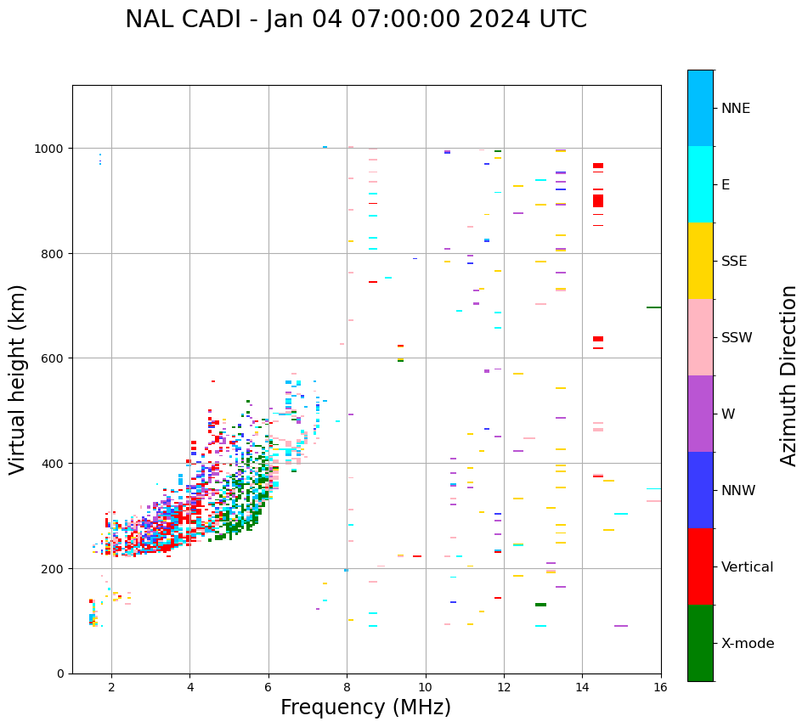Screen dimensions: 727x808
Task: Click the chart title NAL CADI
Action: click(355, 20)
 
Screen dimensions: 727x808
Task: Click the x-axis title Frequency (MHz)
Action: click(365, 707)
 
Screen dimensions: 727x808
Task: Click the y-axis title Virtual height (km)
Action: click(18, 379)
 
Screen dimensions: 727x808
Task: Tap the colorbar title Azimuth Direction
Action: click(789, 375)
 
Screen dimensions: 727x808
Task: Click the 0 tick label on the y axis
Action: click(60, 673)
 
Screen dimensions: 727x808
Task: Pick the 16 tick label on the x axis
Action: click(660, 688)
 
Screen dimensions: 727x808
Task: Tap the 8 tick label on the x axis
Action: click(347, 688)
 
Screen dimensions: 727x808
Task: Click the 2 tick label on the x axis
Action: click(111, 688)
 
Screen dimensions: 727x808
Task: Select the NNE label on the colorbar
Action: click(736, 109)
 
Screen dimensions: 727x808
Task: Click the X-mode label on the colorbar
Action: click(748, 644)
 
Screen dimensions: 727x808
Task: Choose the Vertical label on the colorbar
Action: click(748, 567)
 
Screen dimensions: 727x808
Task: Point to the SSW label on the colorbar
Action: click(737, 338)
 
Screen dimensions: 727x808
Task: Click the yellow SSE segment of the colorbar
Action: click(700, 261)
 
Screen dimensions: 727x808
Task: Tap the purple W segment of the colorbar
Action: click(700, 414)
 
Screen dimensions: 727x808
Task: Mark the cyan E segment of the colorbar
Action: click(700, 184)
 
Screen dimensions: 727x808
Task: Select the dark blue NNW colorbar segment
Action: click(700, 490)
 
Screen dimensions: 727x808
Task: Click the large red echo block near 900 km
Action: click(598, 200)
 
